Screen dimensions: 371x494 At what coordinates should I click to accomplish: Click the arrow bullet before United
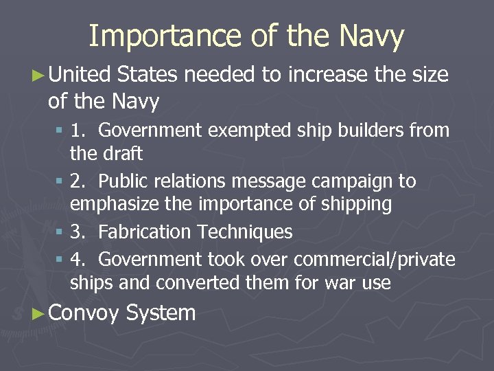point(39,74)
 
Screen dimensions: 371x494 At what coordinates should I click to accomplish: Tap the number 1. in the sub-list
point(79,130)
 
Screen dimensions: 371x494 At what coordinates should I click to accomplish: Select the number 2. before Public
point(79,181)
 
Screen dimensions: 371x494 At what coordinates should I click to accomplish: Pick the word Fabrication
point(145,232)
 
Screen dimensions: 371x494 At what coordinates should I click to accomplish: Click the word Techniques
point(245,232)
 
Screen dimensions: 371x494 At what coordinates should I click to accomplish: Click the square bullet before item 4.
point(60,260)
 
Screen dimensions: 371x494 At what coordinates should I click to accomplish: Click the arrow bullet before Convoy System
point(39,314)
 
